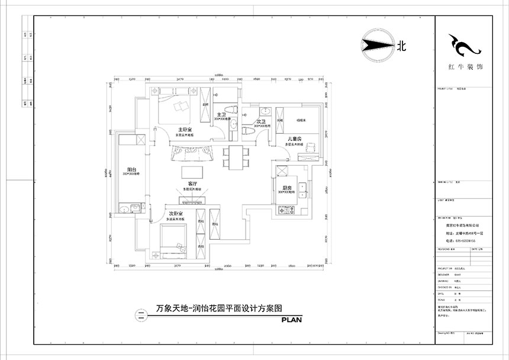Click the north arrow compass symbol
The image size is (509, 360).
point(376,45)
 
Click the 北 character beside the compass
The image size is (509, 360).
point(402,46)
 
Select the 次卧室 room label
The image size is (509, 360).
point(175,213)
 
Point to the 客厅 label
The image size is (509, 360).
point(192,184)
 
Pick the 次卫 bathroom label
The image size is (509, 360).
point(261,120)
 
